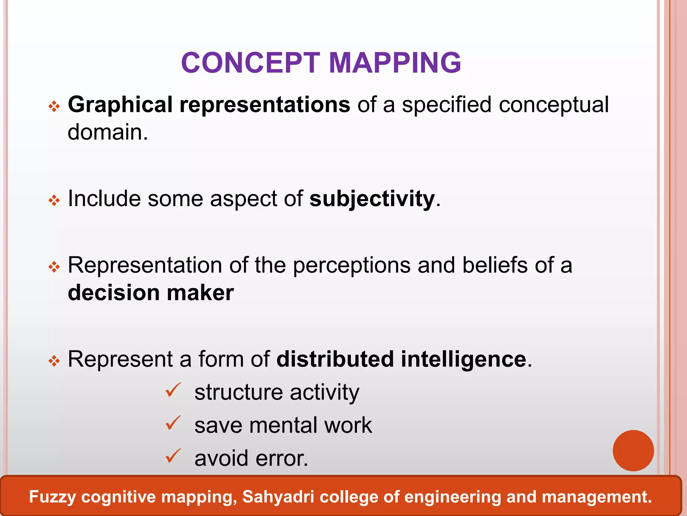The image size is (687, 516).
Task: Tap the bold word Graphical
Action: (120, 105)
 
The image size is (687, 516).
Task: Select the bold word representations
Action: (265, 105)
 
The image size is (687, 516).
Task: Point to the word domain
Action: (108, 132)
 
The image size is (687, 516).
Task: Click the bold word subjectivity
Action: (372, 199)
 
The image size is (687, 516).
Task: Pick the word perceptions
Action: (352, 265)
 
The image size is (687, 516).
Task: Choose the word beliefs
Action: (495, 265)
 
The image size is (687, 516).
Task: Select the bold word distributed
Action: (335, 359)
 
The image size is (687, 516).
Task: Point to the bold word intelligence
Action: (464, 359)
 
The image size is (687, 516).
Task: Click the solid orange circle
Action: (633, 450)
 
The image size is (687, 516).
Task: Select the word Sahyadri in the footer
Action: (278, 497)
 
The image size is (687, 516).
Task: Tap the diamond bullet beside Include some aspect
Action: (54, 201)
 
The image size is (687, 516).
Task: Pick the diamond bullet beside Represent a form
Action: (54, 361)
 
